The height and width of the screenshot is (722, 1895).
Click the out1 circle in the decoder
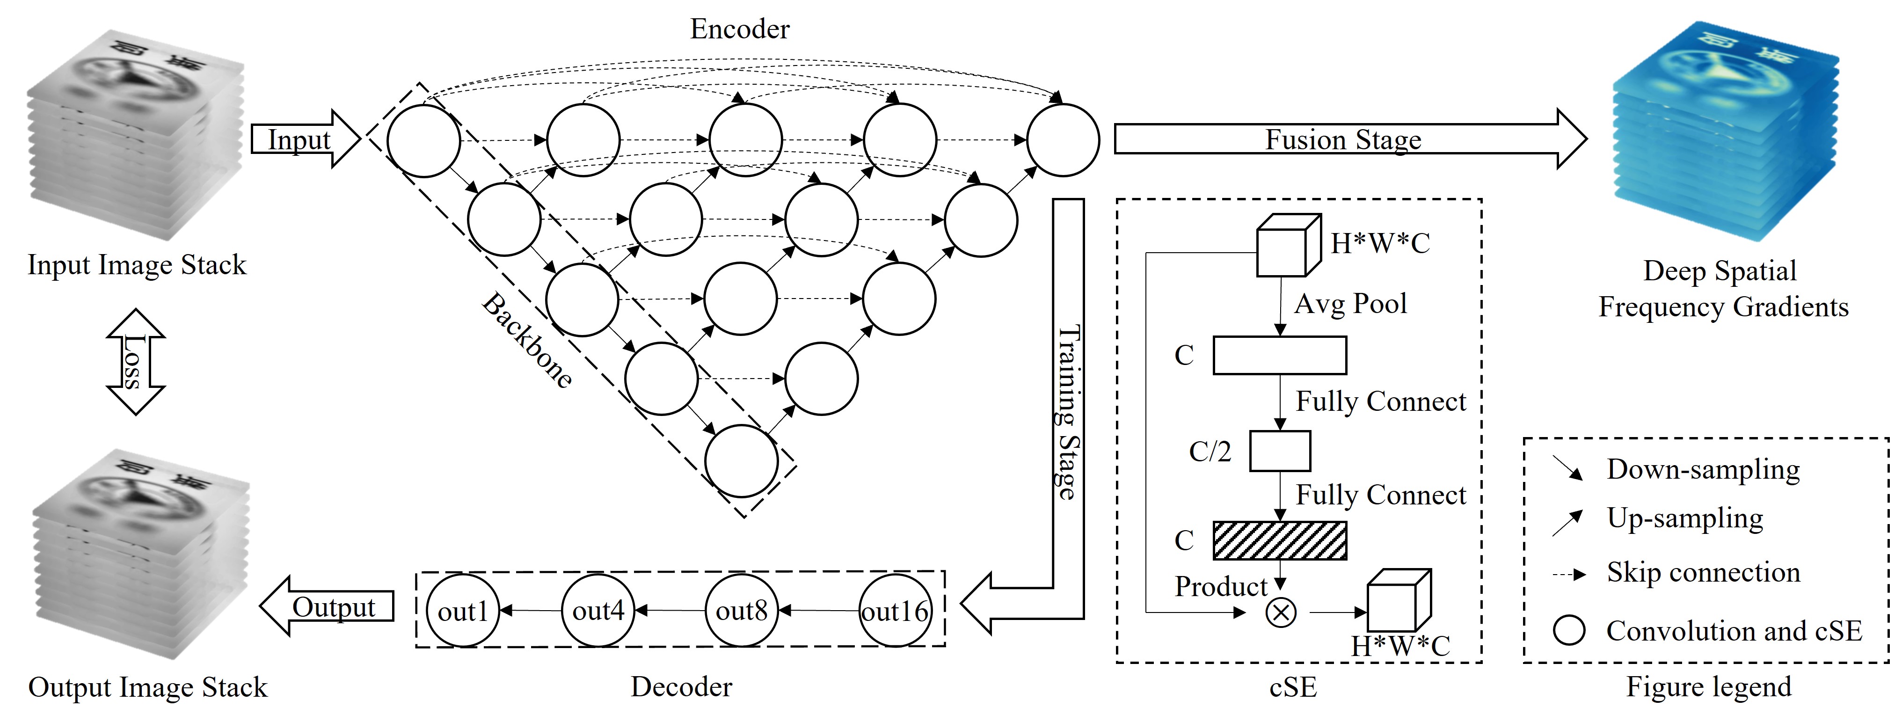click(463, 611)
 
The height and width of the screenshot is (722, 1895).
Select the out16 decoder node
click(895, 611)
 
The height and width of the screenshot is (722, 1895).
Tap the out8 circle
click(742, 611)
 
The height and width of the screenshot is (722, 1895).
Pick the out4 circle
click(598, 611)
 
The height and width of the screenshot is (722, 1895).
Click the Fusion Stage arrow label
click(1342, 139)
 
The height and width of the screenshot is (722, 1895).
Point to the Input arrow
click(302, 139)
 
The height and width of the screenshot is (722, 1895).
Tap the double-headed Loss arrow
click(135, 361)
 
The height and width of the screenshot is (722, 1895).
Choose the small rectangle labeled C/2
click(1280, 451)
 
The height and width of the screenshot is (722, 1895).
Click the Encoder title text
click(739, 29)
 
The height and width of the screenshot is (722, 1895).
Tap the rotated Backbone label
click(527, 341)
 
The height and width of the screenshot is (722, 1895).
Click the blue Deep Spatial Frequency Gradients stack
click(1725, 132)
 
